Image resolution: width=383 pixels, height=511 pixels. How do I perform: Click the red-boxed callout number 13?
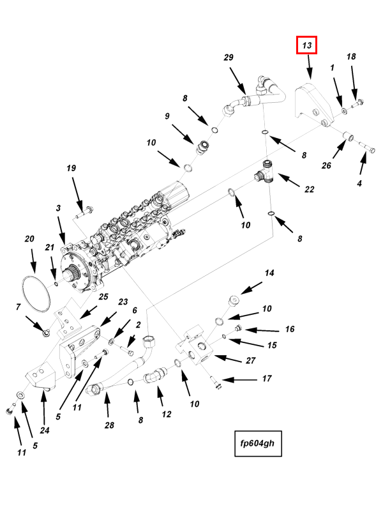tap(306, 45)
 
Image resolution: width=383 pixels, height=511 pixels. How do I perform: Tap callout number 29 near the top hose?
tap(229, 58)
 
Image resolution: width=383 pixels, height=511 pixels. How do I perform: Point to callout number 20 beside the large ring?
tap(29, 239)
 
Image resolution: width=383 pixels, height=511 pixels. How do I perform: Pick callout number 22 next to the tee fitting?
tap(310, 189)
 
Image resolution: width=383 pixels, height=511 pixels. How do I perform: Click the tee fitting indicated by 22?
tap(267, 172)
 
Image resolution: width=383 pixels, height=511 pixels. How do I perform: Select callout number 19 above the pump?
tap(71, 168)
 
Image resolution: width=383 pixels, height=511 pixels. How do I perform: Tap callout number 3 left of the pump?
tap(58, 208)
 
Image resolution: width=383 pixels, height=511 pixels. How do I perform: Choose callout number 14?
tap(269, 273)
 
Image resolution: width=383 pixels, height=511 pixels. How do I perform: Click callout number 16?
tap(289, 330)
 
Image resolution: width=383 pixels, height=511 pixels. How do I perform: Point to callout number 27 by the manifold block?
tap(250, 360)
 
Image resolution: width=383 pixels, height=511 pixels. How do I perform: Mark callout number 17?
tap(267, 379)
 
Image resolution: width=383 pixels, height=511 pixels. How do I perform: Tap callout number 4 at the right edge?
tap(359, 183)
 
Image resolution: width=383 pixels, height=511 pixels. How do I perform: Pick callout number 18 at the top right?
tap(351, 57)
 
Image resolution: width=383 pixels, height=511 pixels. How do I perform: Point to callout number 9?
tap(167, 116)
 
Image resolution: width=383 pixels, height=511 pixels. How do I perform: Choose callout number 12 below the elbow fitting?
tap(167, 414)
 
